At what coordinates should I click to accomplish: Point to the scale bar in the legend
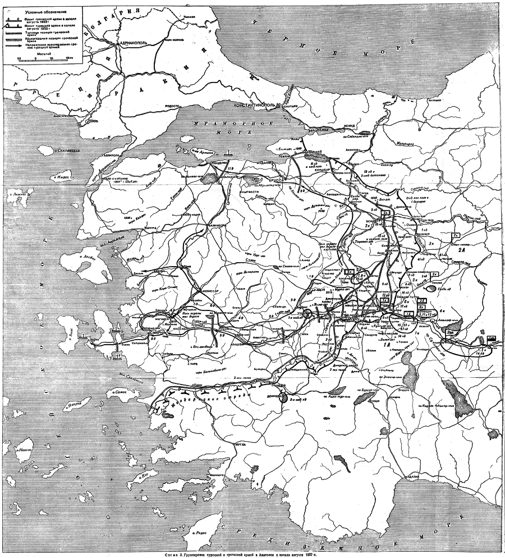[x=42, y=58]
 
